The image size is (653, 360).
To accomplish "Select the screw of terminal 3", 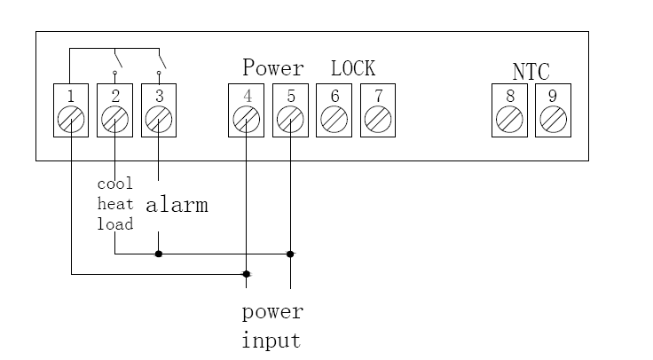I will pos(158,118).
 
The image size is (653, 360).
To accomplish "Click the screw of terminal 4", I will pos(246,118).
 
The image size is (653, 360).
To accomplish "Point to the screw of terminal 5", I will pos(290,118).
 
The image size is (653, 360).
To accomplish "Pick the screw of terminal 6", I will pos(334,118).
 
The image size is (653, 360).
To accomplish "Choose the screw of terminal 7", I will pos(378,118).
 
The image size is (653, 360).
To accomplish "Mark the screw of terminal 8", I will pos(509,118).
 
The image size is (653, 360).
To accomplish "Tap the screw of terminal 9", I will pos(554,118).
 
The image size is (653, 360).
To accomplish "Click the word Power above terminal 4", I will pos(273,68).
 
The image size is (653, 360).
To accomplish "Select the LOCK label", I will pos(353,68).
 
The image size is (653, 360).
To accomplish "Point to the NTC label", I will pos(531,71).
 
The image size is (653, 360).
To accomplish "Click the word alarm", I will pos(177,206).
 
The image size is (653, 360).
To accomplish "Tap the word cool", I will pos(114,184).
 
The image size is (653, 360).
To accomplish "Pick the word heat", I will pos(114,204).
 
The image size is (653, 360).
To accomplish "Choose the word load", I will pos(114,224).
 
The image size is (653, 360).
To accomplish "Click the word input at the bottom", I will pos(271,340).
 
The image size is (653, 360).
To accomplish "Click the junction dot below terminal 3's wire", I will pos(158,254).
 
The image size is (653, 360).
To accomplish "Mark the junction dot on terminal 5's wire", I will pos(290,254).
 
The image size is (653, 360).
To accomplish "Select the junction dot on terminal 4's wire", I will pos(246,274).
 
